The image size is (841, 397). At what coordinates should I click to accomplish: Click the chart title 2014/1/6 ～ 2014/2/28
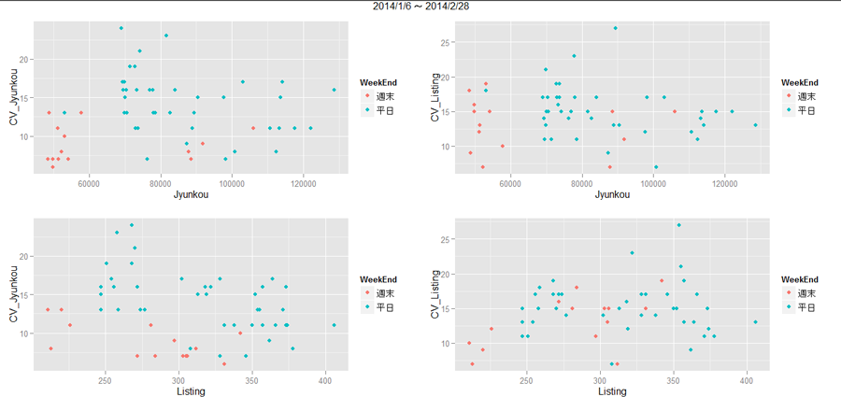pos(420,6)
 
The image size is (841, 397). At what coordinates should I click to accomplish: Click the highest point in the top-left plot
pos(121,28)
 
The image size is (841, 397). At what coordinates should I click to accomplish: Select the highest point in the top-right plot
pos(615,28)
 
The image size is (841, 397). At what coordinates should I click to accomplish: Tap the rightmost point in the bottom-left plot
pos(334,325)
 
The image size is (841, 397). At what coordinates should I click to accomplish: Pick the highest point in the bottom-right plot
pos(678,225)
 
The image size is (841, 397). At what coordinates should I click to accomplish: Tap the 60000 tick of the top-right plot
pos(510,184)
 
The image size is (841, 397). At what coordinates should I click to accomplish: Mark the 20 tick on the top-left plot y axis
pos(25,60)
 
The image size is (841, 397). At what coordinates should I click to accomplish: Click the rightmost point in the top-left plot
pos(334,90)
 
